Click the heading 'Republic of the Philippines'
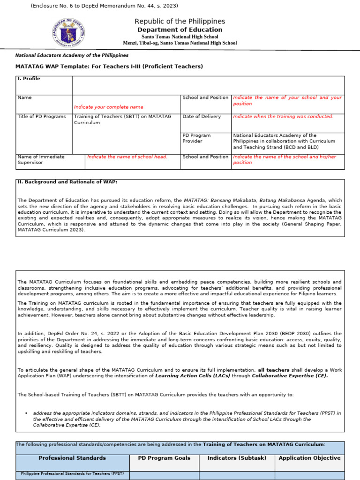click(x=180, y=21)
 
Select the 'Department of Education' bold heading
click(x=180, y=30)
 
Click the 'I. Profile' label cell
click(x=29, y=79)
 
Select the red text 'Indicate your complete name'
click(x=109, y=107)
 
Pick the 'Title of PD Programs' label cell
click(x=42, y=116)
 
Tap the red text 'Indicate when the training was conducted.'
click(x=283, y=116)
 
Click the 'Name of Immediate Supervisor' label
click(x=41, y=159)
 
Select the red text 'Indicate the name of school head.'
click(x=127, y=157)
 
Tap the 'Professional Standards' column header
click(x=72, y=458)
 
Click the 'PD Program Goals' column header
click(x=164, y=458)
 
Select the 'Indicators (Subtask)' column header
click(x=237, y=458)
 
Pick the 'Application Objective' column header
click(x=309, y=458)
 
